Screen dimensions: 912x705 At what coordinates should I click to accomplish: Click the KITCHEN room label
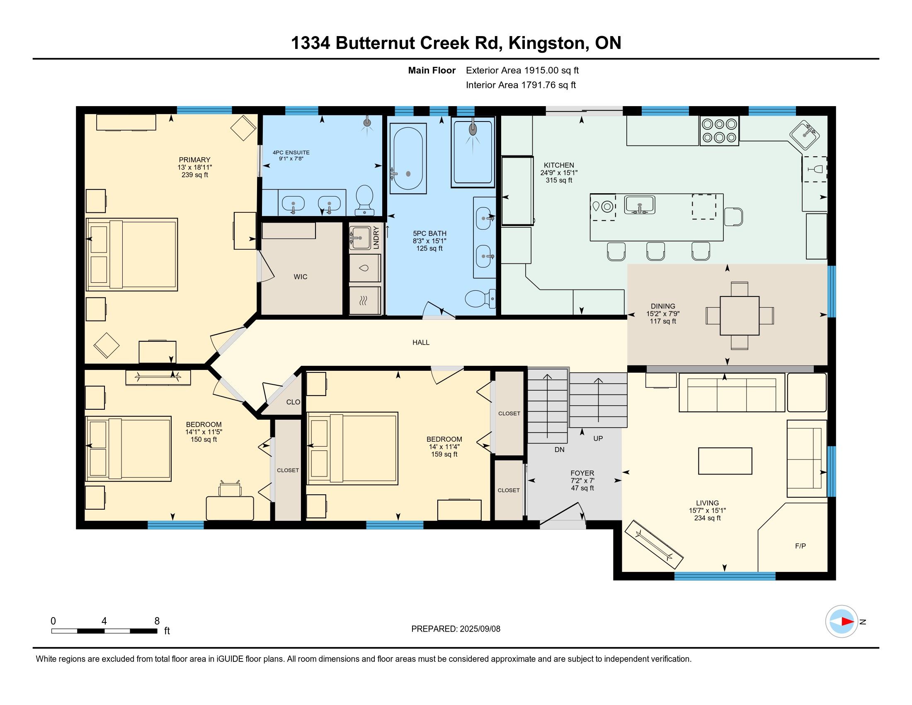click(559, 165)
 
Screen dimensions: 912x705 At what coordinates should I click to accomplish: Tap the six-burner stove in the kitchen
click(719, 131)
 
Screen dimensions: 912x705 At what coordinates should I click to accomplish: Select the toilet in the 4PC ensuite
click(365, 200)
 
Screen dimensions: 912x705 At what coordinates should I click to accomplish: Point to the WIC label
click(300, 277)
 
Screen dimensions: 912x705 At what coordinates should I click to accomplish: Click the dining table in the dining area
click(740, 316)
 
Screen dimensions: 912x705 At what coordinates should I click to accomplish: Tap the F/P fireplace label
click(800, 546)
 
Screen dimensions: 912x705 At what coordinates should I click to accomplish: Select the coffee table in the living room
click(725, 461)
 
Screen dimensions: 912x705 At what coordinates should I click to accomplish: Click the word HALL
click(421, 343)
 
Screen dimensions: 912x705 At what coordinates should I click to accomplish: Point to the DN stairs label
click(560, 450)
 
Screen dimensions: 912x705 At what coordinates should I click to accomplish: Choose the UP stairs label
click(598, 438)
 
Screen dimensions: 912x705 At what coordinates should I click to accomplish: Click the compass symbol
click(842, 622)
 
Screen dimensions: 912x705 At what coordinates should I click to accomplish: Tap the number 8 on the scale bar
click(157, 621)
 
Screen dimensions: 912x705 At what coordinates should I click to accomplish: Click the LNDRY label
click(376, 237)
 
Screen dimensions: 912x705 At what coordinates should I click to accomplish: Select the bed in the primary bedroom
click(131, 254)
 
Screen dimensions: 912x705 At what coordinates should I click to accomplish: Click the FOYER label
click(582, 473)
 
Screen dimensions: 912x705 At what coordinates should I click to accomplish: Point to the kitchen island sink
click(639, 204)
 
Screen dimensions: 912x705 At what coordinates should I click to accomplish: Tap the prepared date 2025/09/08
click(479, 629)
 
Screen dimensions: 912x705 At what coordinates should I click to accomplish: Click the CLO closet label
click(293, 402)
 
